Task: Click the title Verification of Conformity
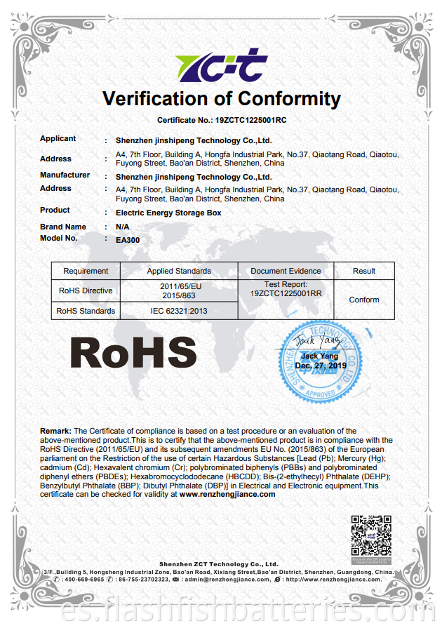pyautogui.click(x=222, y=99)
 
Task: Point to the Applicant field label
pyautogui.click(x=58, y=139)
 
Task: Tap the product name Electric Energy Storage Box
pyautogui.click(x=168, y=212)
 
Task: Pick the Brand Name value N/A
pyautogui.click(x=121, y=227)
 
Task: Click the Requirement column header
pyautogui.click(x=86, y=271)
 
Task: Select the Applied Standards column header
pyautogui.click(x=179, y=271)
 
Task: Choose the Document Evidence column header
pyautogui.click(x=286, y=271)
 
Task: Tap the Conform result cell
pyautogui.click(x=364, y=300)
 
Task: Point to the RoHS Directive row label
pyautogui.click(x=85, y=290)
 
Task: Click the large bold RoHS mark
pyautogui.click(x=133, y=354)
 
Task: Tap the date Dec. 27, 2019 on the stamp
pyautogui.click(x=321, y=366)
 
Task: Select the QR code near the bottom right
pyautogui.click(x=370, y=536)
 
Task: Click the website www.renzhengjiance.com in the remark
pyautogui.click(x=227, y=494)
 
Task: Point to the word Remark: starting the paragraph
pyautogui.click(x=55, y=431)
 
